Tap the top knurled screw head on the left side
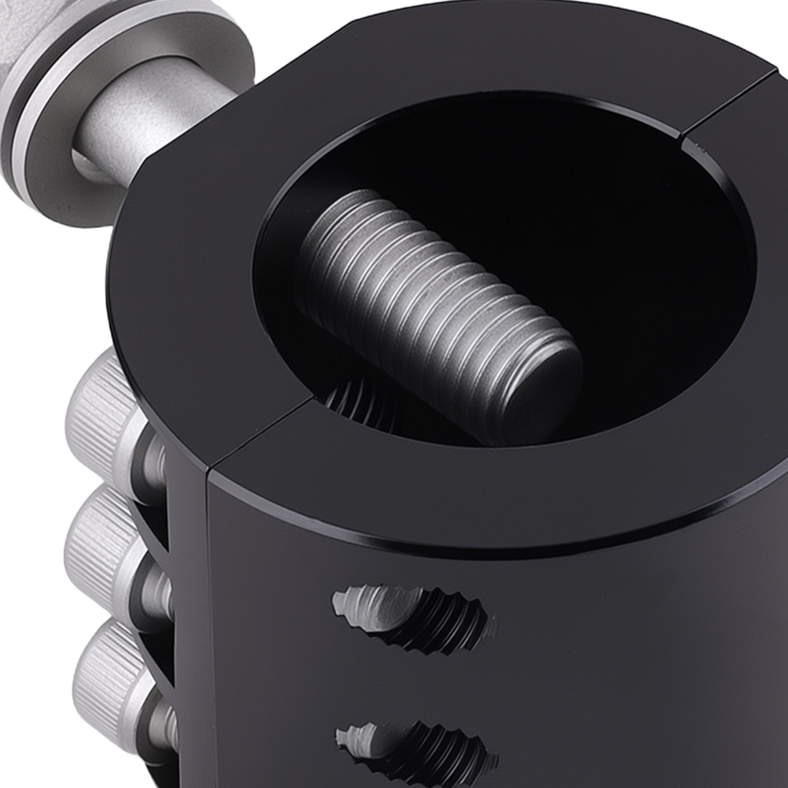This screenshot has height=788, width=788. click(103, 389)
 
